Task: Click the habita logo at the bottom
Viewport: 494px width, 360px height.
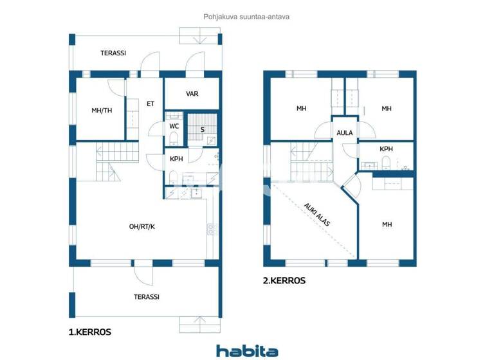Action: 247,351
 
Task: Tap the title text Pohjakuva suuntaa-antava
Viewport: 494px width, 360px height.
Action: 247,17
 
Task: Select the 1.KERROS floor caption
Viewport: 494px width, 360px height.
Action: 90,332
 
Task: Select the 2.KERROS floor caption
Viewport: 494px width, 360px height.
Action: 284,280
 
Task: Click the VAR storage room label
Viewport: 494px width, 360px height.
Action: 192,94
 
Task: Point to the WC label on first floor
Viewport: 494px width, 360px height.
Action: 174,127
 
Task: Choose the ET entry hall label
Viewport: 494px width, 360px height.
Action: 151,104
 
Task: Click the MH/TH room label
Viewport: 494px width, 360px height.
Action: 102,111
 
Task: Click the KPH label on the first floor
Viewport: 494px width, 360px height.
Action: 176,159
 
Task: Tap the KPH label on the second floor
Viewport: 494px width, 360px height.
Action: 386,149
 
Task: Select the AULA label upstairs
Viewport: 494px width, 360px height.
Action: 344,133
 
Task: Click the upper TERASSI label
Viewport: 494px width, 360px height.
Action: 113,53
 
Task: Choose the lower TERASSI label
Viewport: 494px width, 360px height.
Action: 146,297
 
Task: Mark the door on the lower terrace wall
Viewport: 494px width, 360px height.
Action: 143,273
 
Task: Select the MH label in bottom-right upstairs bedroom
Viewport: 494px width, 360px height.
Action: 387,224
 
